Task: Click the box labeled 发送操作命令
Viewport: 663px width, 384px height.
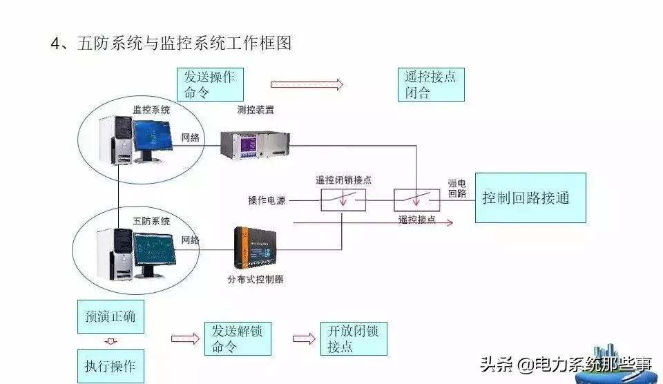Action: tap(210, 84)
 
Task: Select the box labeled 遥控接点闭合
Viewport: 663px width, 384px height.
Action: tap(431, 84)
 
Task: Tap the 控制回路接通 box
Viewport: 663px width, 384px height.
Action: tap(530, 198)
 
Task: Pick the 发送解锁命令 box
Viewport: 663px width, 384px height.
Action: tap(238, 338)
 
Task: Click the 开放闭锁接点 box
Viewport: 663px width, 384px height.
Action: tap(354, 338)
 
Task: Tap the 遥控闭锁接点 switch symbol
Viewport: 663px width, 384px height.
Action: tap(343, 200)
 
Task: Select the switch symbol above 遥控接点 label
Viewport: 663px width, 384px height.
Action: tap(416, 200)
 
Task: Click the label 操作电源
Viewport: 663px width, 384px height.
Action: tap(267, 201)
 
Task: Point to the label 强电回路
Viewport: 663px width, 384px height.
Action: tap(457, 189)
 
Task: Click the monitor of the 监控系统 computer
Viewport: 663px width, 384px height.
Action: tap(152, 138)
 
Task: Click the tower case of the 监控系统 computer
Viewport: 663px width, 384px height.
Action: tap(115, 140)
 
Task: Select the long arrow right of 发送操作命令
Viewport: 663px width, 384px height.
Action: tap(307, 84)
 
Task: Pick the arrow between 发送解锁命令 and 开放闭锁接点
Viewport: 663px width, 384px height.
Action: tap(302, 338)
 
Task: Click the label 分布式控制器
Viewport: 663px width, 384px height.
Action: tap(256, 280)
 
